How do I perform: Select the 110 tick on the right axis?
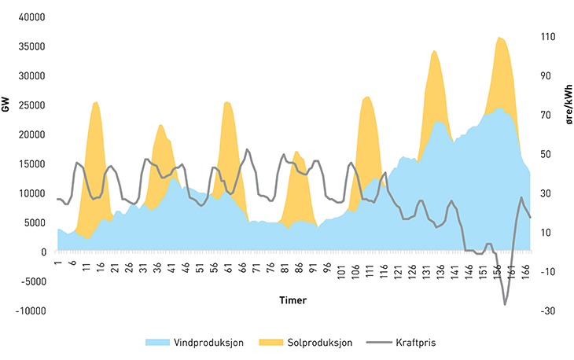(x=548, y=37)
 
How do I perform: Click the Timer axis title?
(x=293, y=300)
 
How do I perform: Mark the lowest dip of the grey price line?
(x=505, y=304)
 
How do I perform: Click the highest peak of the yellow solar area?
(x=499, y=37)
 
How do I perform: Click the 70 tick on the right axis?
(x=547, y=115)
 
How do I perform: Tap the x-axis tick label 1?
(x=58, y=259)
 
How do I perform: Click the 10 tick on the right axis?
(x=547, y=232)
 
